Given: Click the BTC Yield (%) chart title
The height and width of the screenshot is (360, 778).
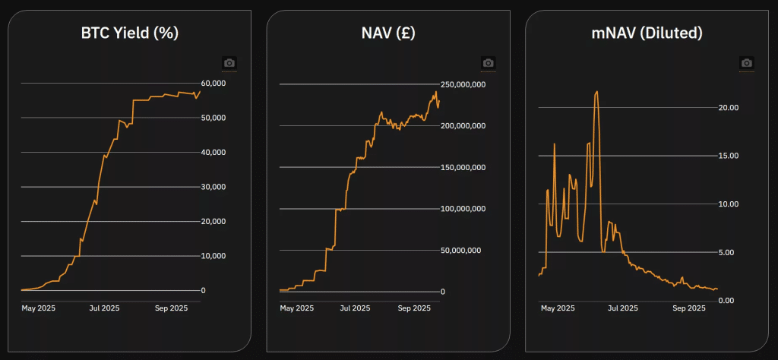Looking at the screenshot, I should [129, 33].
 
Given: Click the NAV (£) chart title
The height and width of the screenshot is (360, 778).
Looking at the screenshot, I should [388, 33].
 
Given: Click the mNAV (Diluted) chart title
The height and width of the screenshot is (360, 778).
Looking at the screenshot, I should [647, 33].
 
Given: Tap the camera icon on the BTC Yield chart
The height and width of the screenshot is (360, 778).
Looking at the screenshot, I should [229, 62].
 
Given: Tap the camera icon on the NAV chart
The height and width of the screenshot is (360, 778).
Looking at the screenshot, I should [488, 62].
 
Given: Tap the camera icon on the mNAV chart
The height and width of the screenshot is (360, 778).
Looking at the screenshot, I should [747, 62].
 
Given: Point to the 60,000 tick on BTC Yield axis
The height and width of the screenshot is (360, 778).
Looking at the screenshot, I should [213, 83].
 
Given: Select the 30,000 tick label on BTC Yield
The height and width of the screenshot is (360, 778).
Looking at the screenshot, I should [213, 187].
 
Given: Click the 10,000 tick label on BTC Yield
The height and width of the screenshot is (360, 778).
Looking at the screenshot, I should [213, 256].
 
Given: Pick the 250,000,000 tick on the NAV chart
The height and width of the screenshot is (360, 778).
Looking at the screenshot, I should [463, 84].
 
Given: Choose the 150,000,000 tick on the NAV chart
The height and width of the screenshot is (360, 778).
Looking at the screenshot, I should [463, 167].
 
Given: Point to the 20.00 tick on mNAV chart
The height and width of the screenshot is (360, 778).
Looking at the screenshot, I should [729, 107].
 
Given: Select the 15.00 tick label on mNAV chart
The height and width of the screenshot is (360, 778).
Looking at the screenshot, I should [729, 156].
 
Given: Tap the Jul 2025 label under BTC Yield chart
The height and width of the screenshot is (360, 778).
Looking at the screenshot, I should [104, 308].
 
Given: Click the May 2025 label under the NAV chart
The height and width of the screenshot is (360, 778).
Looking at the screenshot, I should [296, 308].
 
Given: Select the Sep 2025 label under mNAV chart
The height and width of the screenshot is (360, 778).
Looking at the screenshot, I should [690, 308].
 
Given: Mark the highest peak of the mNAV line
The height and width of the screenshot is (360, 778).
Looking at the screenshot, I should [597, 92].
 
